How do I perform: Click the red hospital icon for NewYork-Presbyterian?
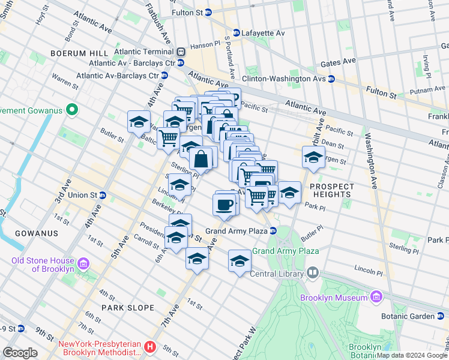pyautogui.click(x=151, y=347)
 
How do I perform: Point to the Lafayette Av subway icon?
pyautogui.click(x=237, y=32)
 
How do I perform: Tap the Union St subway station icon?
pyautogui.click(x=103, y=195)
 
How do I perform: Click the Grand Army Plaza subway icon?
pyautogui.click(x=273, y=230)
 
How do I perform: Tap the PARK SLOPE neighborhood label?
pyautogui.click(x=128, y=308)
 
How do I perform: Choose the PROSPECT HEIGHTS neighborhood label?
pyautogui.click(x=331, y=190)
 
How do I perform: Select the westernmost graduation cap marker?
pyautogui.click(x=139, y=122)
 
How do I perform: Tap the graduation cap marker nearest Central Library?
pyautogui.click(x=240, y=261)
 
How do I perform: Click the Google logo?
pyautogui.click(x=21, y=353)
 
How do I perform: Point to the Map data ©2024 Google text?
pyautogui.click(x=412, y=355)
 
